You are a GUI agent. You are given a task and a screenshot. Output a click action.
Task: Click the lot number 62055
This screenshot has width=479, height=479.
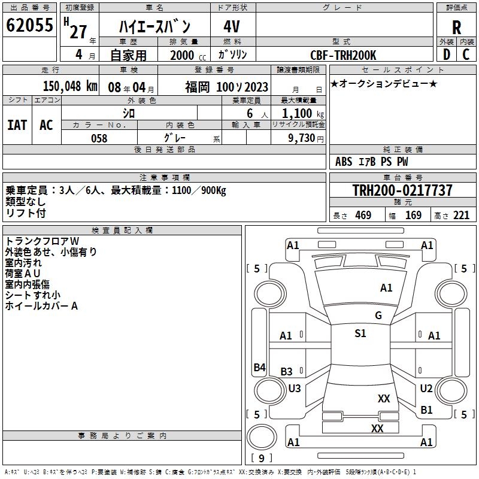(29, 26)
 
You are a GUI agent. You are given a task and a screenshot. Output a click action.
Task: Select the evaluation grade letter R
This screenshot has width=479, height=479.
(457, 27)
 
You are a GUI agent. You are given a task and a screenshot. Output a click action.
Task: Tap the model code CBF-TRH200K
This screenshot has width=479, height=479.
(344, 55)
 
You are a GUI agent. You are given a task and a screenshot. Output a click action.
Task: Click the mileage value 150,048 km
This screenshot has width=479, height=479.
(70, 86)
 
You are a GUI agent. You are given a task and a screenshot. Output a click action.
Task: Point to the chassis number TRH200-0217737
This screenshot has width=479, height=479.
(402, 190)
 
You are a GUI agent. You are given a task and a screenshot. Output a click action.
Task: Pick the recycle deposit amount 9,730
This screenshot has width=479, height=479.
(305, 138)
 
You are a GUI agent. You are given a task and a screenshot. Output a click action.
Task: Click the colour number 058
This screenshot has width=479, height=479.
(99, 138)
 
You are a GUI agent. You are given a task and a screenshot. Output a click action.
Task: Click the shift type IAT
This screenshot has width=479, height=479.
(17, 125)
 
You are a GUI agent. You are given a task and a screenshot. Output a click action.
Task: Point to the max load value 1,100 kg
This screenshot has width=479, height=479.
(299, 113)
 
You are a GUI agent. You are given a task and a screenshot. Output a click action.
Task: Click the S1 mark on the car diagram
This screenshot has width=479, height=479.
(360, 334)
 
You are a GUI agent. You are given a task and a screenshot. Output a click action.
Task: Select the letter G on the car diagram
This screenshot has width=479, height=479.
(378, 316)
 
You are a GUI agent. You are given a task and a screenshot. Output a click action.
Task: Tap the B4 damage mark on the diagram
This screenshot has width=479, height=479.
(259, 368)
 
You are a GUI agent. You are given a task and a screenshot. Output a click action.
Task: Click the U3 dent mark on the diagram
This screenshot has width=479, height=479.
(295, 389)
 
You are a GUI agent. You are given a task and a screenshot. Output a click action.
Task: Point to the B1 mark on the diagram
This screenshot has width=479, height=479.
(426, 410)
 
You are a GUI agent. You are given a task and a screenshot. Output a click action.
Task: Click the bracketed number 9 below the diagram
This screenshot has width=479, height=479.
(262, 459)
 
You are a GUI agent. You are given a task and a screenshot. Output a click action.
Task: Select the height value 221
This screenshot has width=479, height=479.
(461, 216)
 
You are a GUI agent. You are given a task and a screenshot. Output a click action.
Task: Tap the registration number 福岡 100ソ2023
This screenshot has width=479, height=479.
(227, 86)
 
